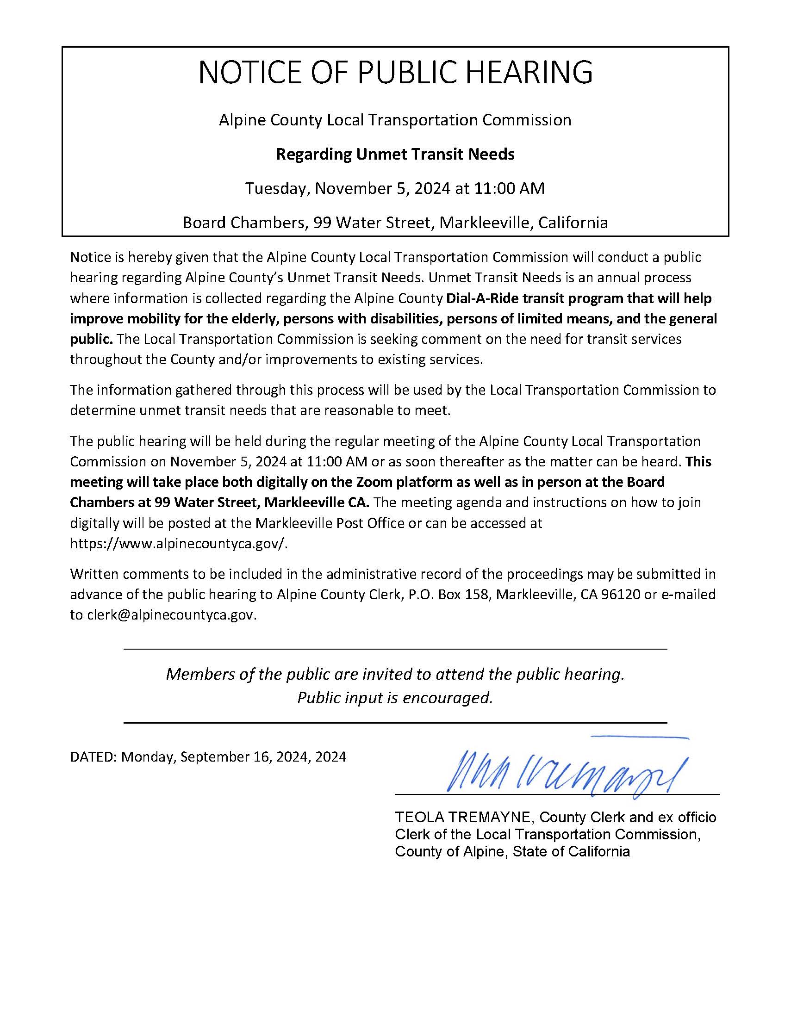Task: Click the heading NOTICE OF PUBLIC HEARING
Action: pos(395,73)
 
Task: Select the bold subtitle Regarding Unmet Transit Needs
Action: pos(395,154)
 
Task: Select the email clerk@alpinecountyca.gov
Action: pos(172,615)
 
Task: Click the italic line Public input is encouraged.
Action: pos(395,698)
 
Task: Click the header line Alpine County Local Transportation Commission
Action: pos(395,120)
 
